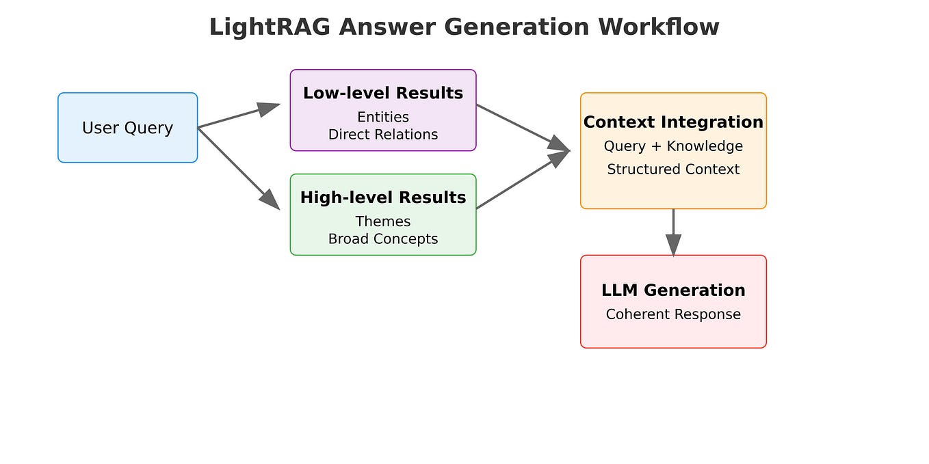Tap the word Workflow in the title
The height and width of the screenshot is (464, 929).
coord(658,27)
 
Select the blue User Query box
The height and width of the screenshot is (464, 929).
coord(127,128)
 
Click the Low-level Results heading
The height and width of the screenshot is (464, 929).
coord(382,93)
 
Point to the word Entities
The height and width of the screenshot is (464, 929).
coord(382,117)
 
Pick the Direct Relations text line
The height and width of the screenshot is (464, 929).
coord(382,135)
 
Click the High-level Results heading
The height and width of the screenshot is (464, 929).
coord(382,197)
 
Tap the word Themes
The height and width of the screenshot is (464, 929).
coord(382,221)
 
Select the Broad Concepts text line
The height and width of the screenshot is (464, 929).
coord(382,239)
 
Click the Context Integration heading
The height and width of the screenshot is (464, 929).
coord(673,122)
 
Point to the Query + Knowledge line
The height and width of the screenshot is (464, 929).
coord(673,146)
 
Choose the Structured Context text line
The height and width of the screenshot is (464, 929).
coord(673,169)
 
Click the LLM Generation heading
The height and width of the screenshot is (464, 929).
coord(673,290)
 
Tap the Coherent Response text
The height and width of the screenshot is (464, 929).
coord(673,314)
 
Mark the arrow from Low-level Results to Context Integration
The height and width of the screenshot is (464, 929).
coord(523,127)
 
